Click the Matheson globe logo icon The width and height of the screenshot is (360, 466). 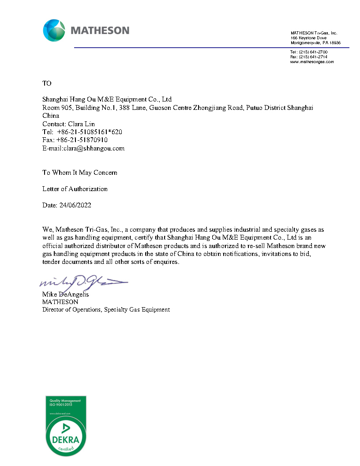coord(54,30)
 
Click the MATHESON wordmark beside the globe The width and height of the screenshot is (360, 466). coord(100,30)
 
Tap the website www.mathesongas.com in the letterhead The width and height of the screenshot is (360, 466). coord(311,62)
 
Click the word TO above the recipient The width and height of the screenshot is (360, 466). coord(47,83)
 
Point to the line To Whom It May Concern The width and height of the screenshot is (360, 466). coord(80,173)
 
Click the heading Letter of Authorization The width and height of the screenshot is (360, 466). coord(75,189)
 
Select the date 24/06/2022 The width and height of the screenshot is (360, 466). coord(75,205)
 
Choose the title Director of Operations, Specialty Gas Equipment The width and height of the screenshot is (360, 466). coord(106,310)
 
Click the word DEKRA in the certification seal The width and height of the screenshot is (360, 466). coord(65,440)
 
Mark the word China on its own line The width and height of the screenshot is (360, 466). coord(51,116)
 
